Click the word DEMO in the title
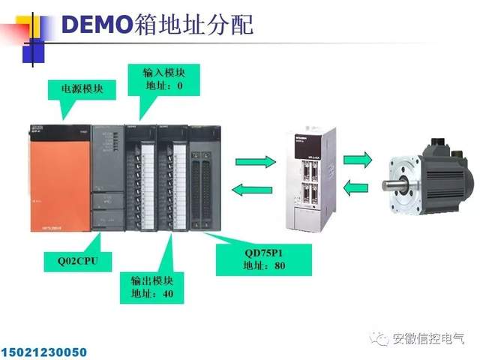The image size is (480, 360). [x=95, y=24]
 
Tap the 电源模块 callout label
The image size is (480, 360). [x=82, y=89]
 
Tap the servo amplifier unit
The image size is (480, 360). [x=310, y=180]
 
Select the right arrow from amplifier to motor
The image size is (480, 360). [x=358, y=159]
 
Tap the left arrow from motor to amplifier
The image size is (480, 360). [x=358, y=187]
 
